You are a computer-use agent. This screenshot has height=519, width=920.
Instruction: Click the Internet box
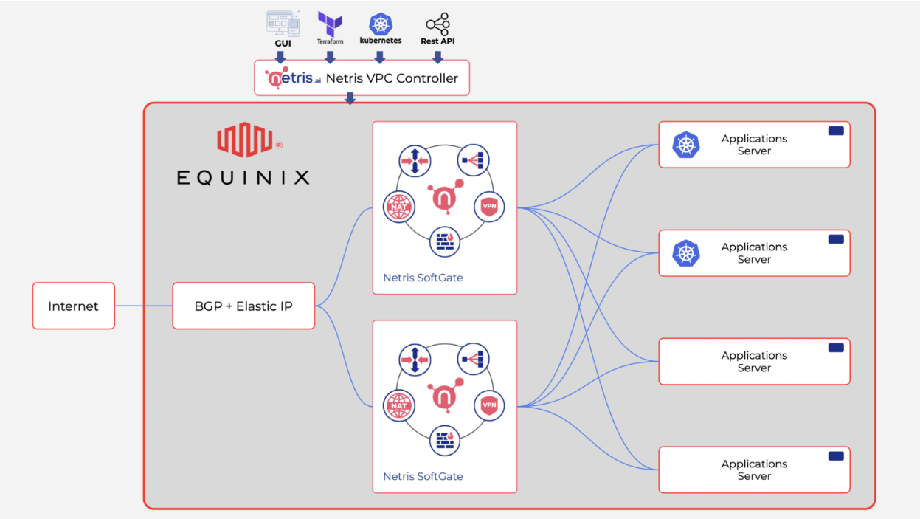click(x=73, y=306)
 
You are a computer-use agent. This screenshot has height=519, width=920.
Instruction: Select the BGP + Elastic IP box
click(x=243, y=306)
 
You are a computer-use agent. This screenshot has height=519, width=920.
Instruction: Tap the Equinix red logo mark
click(x=244, y=140)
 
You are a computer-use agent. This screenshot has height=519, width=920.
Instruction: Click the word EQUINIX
click(x=243, y=177)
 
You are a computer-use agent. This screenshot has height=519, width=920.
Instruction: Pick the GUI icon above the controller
click(x=283, y=24)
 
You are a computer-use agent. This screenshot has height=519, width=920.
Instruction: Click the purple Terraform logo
click(x=330, y=24)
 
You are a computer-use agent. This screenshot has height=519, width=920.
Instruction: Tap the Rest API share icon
click(x=437, y=24)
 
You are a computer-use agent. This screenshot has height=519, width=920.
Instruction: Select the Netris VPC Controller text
click(x=392, y=78)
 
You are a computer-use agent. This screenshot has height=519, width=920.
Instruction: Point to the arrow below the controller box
click(x=350, y=99)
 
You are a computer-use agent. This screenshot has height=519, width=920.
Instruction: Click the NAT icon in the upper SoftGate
click(x=399, y=207)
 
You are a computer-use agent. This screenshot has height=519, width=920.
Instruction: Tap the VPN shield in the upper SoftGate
click(x=489, y=207)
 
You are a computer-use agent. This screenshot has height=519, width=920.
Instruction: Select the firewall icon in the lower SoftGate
click(x=445, y=441)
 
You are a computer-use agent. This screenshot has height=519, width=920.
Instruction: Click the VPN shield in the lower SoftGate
click(x=489, y=405)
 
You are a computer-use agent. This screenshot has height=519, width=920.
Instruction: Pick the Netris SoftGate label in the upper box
click(x=423, y=278)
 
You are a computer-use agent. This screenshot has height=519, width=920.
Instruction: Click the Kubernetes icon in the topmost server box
click(x=686, y=145)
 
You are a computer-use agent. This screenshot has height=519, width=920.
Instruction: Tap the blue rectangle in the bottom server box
click(x=836, y=456)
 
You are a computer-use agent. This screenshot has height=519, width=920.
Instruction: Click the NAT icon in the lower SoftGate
click(x=399, y=405)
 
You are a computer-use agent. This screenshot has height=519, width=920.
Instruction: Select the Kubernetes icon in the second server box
click(x=686, y=253)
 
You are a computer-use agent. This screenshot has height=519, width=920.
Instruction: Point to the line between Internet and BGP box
click(x=143, y=306)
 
